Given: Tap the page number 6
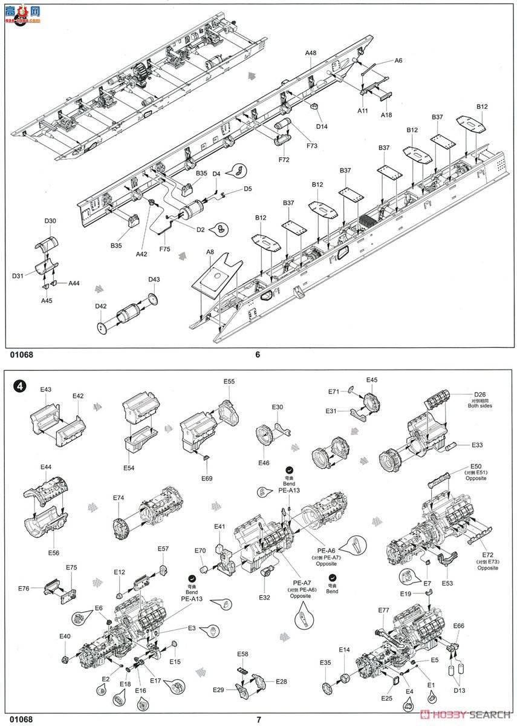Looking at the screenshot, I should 258,355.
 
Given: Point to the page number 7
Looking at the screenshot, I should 258,719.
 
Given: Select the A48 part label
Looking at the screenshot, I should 310,53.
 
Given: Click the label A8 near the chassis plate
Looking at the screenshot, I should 210,252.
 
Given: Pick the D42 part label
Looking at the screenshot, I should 100,306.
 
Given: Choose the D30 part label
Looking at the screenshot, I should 50,221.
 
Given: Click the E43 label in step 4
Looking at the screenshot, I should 46,390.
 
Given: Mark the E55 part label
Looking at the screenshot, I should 229,382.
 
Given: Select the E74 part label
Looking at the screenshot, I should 119,498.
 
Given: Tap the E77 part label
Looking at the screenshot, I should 383,610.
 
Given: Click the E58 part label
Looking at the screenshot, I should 242,654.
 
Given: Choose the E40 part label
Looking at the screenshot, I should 65,636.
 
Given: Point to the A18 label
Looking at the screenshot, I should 386,115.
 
